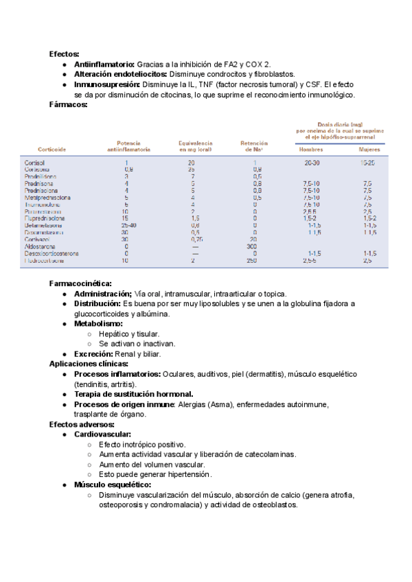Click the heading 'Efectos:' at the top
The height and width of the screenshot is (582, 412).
[x=64, y=54]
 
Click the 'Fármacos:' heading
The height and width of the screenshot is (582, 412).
[x=68, y=105]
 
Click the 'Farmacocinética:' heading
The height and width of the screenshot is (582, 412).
[x=81, y=283]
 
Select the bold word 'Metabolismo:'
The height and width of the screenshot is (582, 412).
[x=98, y=323]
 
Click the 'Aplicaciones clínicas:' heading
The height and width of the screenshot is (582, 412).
[x=89, y=364]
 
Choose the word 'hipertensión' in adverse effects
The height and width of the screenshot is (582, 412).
[x=187, y=474]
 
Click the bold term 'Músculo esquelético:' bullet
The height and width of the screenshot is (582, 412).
[x=113, y=485]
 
